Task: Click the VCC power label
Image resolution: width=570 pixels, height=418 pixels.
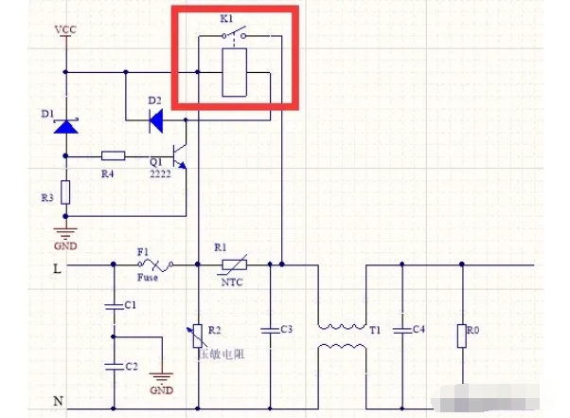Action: [65, 30]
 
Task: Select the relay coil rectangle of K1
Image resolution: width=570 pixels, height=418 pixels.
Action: [234, 73]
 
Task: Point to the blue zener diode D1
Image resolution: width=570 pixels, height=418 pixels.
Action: [65, 124]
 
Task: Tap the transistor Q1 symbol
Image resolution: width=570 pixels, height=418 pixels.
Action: [180, 155]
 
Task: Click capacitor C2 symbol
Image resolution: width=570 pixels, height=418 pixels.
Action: [114, 365]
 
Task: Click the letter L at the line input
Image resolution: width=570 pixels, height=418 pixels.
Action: [57, 269]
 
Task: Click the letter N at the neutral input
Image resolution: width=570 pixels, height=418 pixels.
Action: [57, 402]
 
